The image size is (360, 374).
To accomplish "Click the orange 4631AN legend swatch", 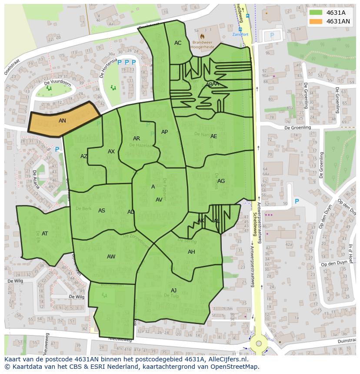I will point(316,21).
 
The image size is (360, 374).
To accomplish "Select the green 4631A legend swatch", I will point(316,13).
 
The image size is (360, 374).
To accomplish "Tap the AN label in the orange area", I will point(62,121).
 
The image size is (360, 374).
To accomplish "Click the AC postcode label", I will point(178,43).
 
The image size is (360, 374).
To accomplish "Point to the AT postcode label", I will point(45,234).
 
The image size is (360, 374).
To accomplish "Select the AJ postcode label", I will point(173,291).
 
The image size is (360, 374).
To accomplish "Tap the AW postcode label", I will point(111,257).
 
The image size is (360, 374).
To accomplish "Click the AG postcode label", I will point(221,181).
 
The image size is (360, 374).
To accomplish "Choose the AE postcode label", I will point(213,136).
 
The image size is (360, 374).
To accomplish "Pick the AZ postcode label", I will point(84,156).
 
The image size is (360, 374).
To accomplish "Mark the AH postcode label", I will point(191,252).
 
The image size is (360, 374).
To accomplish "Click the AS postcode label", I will point(102,211).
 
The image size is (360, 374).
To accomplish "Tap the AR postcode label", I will point(137,139).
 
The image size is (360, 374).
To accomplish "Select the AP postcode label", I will point(164,132).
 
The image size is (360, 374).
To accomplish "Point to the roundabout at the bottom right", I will point(259,343).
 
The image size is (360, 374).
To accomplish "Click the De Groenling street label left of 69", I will point(298,128).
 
